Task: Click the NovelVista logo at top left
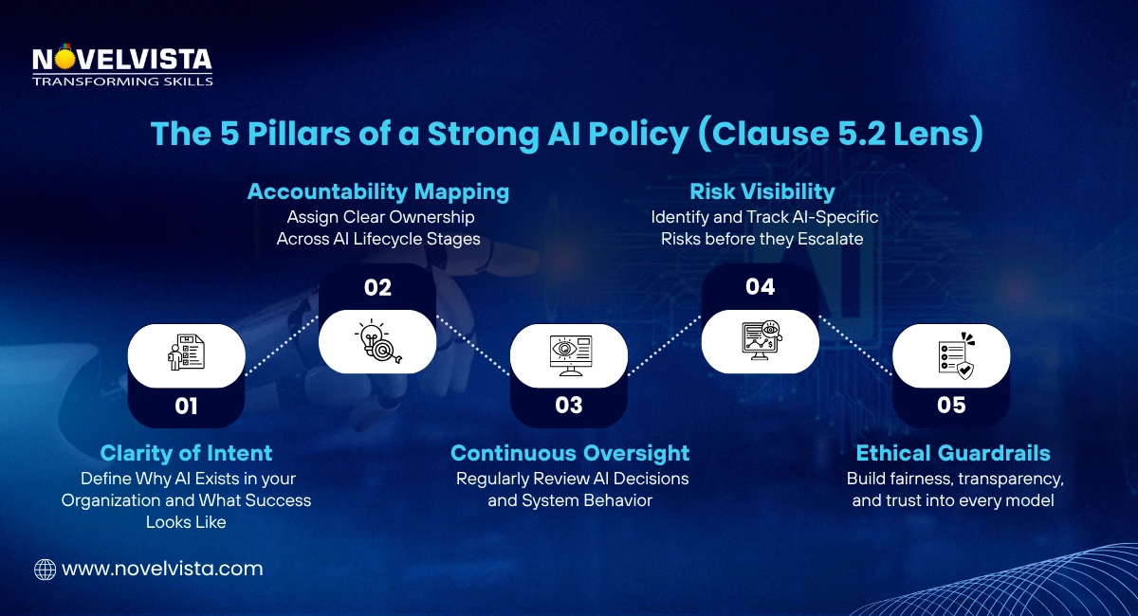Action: coord(121,61)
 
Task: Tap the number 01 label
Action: coord(187,407)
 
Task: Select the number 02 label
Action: coord(377,288)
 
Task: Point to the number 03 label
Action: coord(569,406)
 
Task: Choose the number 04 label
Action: coord(760,287)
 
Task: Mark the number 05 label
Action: coord(951,406)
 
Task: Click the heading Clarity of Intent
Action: coord(186,453)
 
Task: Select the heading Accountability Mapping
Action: coord(378,191)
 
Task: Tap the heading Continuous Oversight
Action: coord(570,453)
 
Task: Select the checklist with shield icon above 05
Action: coord(951,354)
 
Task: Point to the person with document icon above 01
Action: coord(187,354)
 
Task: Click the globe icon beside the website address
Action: coord(45,570)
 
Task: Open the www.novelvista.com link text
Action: coord(162,570)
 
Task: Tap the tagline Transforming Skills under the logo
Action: coord(122,82)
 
